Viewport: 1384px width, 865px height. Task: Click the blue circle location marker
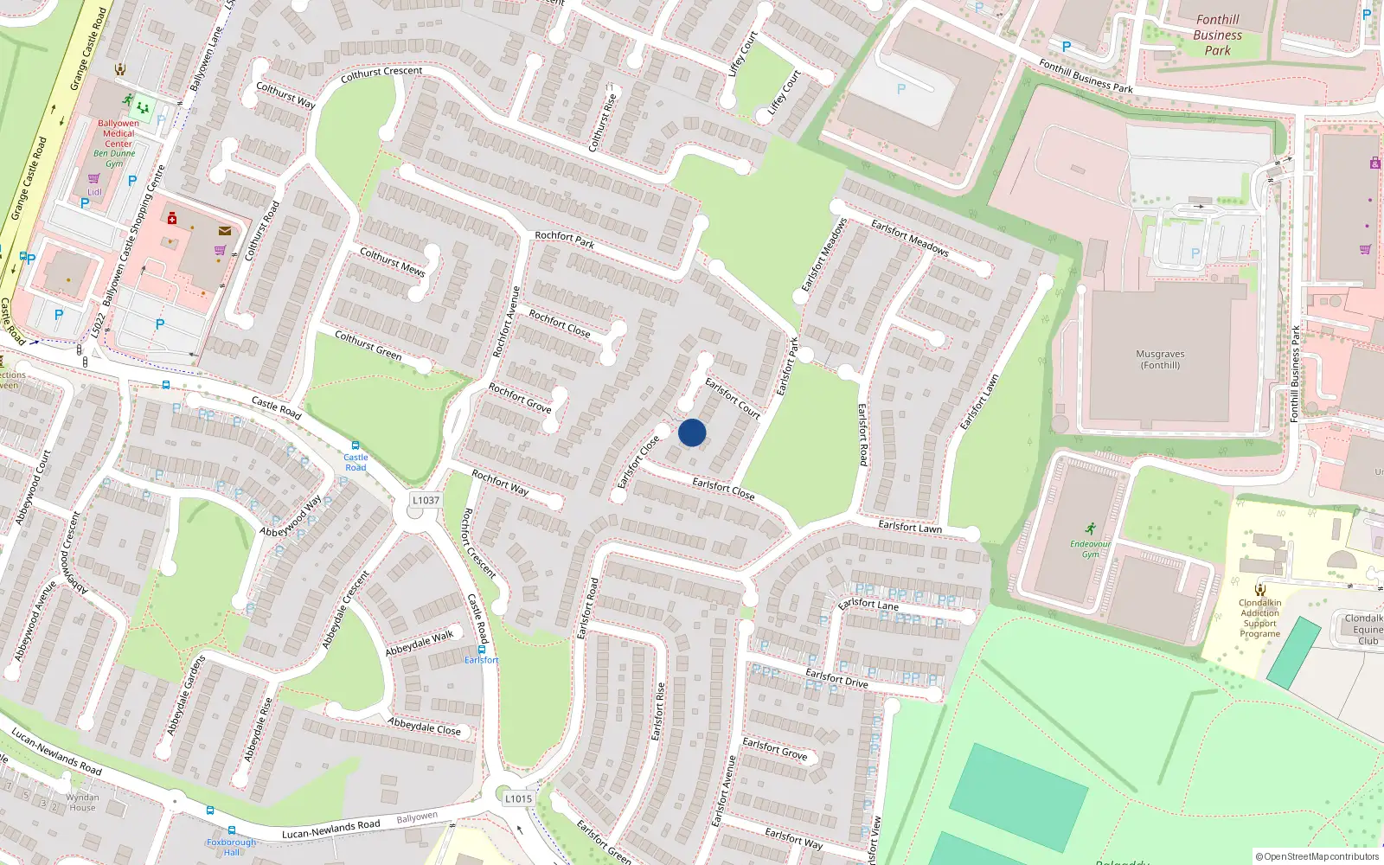tap(692, 432)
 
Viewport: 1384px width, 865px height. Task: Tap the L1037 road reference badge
tap(426, 500)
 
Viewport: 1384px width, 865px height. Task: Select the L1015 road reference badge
tap(518, 798)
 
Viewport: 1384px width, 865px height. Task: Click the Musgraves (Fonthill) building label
tap(1160, 360)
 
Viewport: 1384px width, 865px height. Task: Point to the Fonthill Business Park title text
tap(1217, 35)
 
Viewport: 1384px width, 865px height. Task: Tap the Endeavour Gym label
tap(1090, 548)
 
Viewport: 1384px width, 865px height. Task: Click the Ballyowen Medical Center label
tap(119, 134)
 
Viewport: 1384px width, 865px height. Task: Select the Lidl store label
tap(94, 192)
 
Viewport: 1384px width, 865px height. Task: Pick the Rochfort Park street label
tap(564, 240)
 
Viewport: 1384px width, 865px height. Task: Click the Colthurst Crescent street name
tap(381, 75)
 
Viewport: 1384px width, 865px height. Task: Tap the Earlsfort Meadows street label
tap(910, 239)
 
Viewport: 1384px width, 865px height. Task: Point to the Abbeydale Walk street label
tap(420, 644)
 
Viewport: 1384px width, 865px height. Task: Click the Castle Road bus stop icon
tap(356, 445)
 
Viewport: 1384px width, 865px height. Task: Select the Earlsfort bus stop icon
tap(482, 649)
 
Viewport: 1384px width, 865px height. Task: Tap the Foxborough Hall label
tap(232, 847)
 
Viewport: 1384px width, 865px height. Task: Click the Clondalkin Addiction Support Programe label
tap(1259, 618)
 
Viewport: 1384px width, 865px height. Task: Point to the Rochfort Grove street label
tap(520, 398)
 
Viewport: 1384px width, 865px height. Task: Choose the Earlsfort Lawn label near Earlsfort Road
tap(910, 526)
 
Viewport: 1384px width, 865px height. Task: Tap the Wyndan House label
tap(83, 803)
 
